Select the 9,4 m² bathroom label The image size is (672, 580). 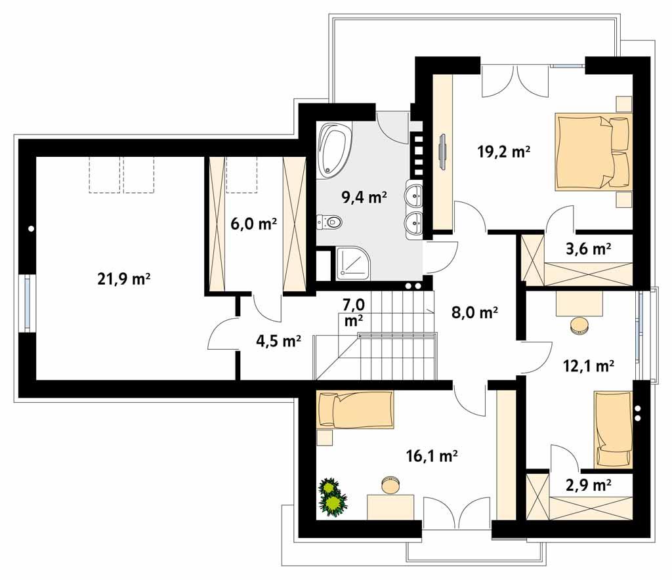click(364, 196)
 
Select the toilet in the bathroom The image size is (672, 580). click(330, 223)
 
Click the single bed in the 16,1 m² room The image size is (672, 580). click(355, 410)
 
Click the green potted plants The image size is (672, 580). click(333, 497)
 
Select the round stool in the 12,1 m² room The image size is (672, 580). click(579, 326)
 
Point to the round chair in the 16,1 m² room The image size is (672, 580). click(390, 485)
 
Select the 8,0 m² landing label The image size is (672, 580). click(475, 313)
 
